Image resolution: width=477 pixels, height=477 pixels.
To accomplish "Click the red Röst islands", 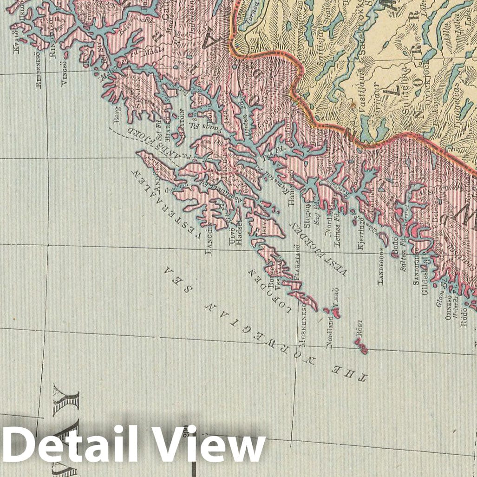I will tap(361, 346).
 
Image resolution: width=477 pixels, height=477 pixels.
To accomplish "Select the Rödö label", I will tap(464, 320).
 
